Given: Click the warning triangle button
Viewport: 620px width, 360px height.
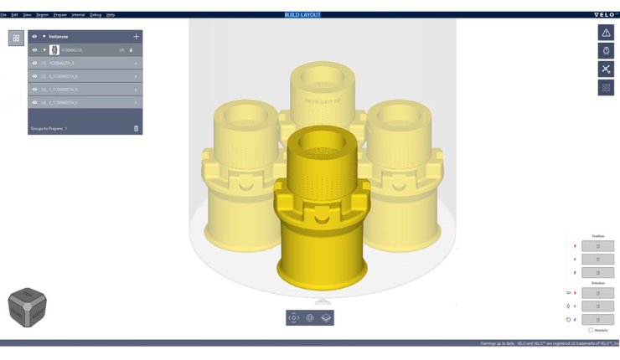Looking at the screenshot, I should click(606, 32).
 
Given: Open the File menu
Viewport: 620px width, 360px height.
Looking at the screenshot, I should click(3, 15).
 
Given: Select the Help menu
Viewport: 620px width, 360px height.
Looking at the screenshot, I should click(111, 15).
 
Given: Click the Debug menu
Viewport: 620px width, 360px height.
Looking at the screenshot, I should click(95, 15).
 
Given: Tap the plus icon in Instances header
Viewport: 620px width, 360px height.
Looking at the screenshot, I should click(136, 37).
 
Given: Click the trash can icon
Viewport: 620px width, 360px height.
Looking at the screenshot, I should click(136, 128).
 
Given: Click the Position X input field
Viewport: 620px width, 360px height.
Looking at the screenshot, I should click(597, 246).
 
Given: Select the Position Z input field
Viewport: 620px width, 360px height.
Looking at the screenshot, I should click(597, 272).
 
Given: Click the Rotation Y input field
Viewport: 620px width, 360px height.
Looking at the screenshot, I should click(597, 306).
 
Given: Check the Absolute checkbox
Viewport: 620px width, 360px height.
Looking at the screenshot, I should click(590, 330).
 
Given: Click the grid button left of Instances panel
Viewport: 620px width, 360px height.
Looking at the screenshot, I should click(16, 38).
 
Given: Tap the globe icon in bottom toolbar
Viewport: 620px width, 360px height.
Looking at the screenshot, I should click(310, 317).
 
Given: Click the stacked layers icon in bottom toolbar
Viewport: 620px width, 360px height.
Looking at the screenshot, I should click(326, 317).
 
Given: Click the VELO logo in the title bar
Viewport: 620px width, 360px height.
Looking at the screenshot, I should click(605, 15).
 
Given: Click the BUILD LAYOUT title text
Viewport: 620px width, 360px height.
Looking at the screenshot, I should click(302, 15).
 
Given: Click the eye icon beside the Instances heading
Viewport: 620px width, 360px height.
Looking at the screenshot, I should click(34, 37).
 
